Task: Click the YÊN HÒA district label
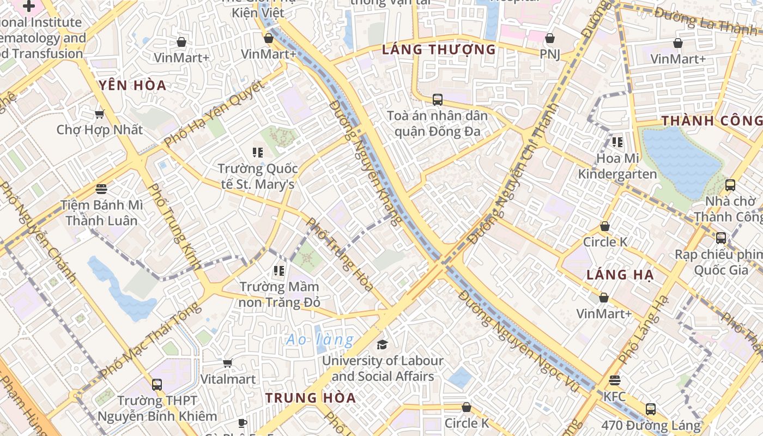tap(133, 85)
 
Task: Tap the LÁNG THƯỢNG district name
tap(439, 50)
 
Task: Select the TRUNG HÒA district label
tap(311, 398)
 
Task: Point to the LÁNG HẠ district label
tap(620, 275)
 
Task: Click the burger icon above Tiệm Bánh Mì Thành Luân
tap(101, 189)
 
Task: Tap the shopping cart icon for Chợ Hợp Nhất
tap(99, 114)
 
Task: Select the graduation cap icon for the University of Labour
tap(382, 344)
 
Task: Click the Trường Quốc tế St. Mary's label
tap(258, 176)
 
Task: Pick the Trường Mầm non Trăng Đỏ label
tap(280, 294)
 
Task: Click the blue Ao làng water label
tap(320, 340)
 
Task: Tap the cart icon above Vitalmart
tap(228, 363)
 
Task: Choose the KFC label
tap(614, 396)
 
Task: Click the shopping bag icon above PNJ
tap(550, 38)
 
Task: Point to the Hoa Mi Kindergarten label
tap(617, 166)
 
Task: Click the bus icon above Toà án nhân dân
tap(437, 99)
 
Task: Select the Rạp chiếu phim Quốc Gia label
tap(719, 262)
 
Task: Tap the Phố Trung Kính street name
tap(174, 226)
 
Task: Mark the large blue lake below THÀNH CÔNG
tap(681, 161)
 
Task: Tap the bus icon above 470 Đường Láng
tap(650, 409)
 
